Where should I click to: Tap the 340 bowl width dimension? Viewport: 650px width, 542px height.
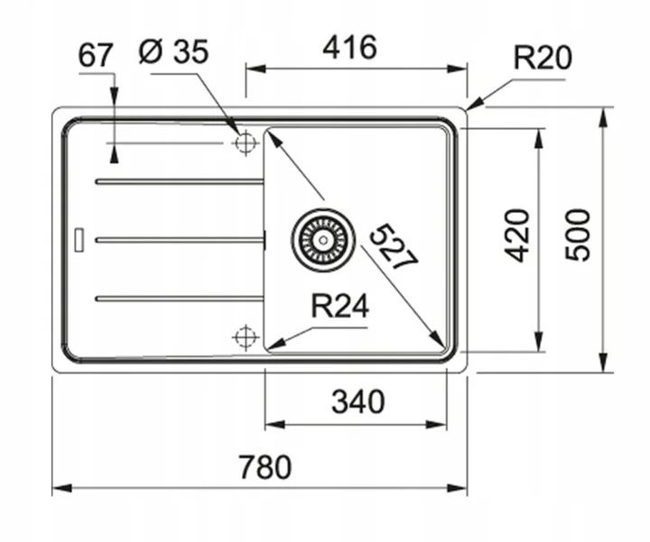(358, 400)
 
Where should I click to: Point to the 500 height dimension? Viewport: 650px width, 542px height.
(578, 234)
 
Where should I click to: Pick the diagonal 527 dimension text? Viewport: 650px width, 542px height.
(394, 245)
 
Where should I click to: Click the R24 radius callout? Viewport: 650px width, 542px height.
(340, 308)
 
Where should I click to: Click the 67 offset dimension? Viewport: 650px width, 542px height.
(95, 55)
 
